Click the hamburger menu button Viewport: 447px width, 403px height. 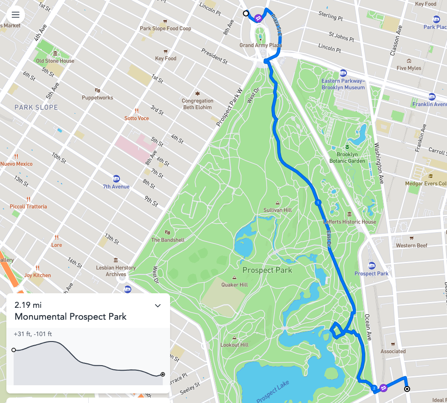[15, 15]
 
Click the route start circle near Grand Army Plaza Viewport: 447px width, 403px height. [246, 14]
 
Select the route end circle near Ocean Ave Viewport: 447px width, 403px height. [407, 389]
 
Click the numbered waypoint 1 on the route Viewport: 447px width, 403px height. [318, 202]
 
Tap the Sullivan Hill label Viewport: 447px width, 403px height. [277, 210]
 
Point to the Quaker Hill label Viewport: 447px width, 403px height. [234, 285]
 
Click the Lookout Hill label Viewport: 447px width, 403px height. [234, 345]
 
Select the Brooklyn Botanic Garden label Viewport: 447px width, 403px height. [350, 158]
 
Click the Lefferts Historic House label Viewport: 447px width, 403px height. [350, 222]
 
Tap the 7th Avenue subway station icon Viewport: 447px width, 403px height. [116, 179]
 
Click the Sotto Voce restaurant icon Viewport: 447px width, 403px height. [136, 111]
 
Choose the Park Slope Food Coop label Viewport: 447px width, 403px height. [166, 28]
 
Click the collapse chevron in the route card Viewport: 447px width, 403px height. [158, 306]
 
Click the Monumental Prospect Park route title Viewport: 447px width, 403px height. [70, 316]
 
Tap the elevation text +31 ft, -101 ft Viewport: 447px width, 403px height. [33, 334]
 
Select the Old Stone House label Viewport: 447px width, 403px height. [55, 61]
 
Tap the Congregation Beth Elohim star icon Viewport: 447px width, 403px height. [197, 93]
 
